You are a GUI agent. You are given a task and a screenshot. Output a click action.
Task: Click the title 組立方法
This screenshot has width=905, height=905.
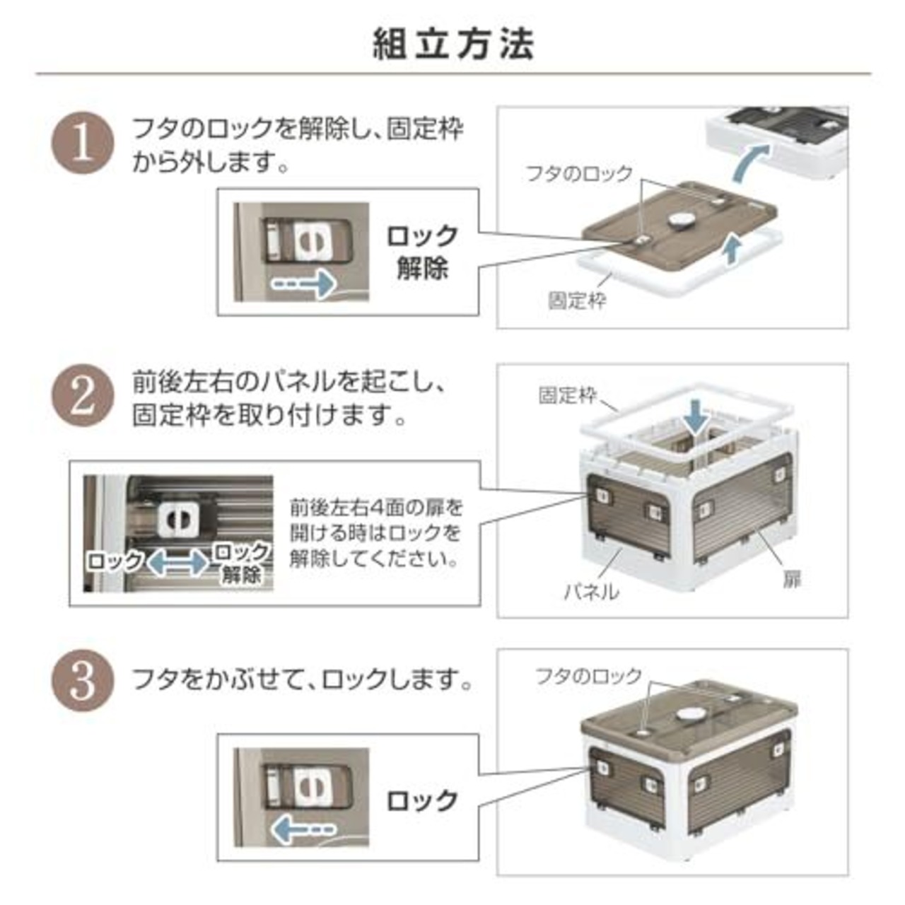coord(454,45)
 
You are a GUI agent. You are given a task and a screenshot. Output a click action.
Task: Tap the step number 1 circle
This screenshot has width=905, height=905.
coord(83,144)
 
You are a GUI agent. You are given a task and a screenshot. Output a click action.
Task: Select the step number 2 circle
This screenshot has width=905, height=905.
coord(83,395)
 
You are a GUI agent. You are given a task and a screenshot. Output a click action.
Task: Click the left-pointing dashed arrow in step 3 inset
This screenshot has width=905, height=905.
coord(303,829)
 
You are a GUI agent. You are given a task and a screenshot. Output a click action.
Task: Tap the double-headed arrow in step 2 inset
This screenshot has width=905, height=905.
coord(179,562)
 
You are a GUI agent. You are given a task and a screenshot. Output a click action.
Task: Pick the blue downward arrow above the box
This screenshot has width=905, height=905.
coord(696,419)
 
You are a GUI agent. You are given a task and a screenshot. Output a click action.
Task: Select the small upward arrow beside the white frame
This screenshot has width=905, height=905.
coord(731,250)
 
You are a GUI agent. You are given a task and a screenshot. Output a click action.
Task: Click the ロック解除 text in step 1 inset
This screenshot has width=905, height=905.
coord(421,252)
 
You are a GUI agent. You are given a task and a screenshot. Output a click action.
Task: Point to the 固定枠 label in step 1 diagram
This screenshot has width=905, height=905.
coord(577,300)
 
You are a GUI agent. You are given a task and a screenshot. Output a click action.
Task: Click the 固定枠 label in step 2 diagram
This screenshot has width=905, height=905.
coord(567,395)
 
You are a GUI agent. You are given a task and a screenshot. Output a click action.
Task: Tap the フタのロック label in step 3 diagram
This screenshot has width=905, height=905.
coord(589,676)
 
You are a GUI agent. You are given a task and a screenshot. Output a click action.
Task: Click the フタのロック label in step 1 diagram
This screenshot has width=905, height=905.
coord(580,174)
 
